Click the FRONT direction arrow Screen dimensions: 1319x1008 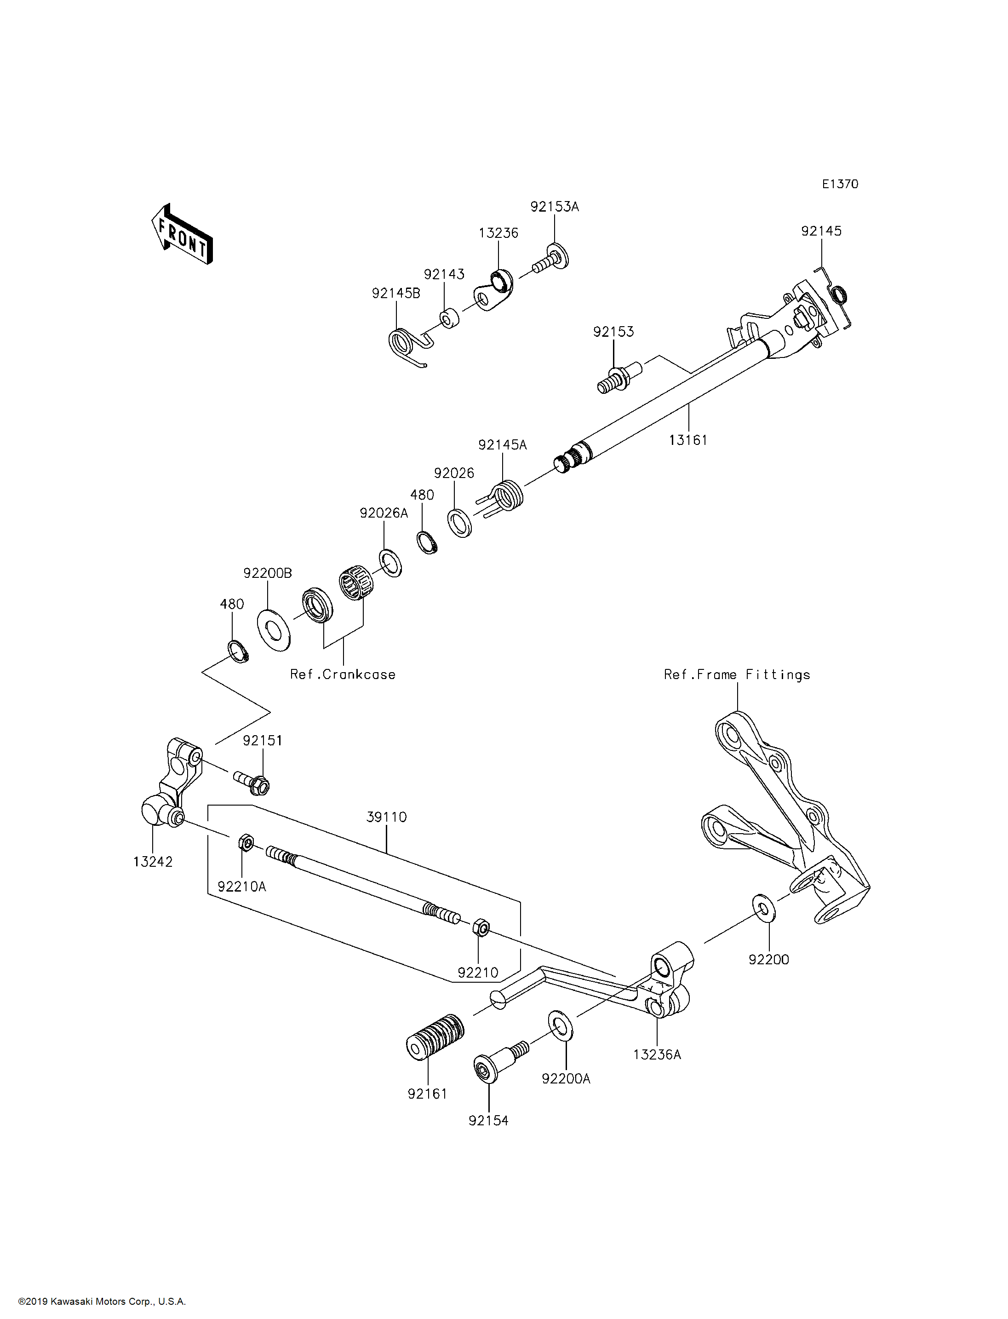tap(182, 235)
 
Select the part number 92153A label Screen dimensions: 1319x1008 tap(555, 207)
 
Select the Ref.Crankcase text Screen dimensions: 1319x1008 tap(343, 674)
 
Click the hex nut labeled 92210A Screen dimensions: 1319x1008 tap(245, 843)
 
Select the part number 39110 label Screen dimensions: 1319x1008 tap(386, 817)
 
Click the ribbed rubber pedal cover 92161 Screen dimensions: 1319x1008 tap(435, 1036)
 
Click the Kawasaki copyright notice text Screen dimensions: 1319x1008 tap(102, 1302)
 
